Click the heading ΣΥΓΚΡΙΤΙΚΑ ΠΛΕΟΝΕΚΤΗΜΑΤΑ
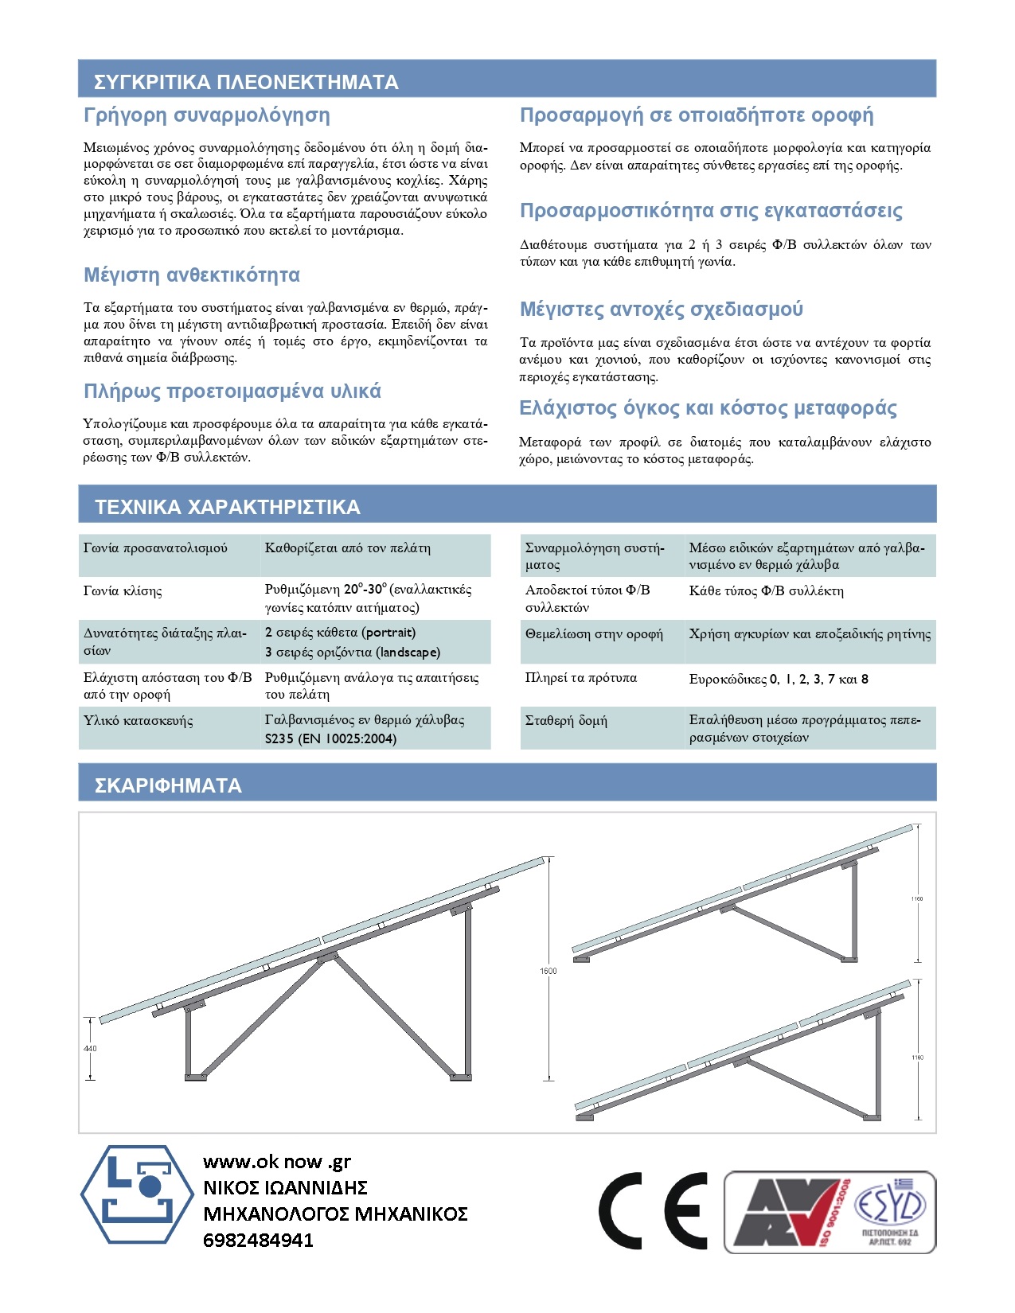[x=246, y=82]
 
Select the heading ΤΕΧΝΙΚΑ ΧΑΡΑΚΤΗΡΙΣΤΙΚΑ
[x=228, y=507]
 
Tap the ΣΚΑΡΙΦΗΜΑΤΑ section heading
[x=168, y=785]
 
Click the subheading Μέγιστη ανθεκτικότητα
[x=192, y=275]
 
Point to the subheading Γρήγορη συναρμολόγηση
[x=207, y=115]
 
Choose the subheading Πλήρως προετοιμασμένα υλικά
[x=232, y=392]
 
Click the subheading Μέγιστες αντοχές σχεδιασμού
[x=662, y=310]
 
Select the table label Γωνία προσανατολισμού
[x=155, y=548]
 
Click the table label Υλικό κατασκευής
[x=138, y=721]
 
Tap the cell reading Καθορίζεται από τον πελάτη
[x=347, y=548]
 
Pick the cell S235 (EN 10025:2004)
[x=330, y=738]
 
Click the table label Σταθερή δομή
[x=566, y=721]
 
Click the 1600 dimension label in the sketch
[x=548, y=971]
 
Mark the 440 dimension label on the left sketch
[x=90, y=1048]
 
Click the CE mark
[x=653, y=1210]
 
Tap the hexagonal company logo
[x=138, y=1194]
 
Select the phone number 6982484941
[x=258, y=1240]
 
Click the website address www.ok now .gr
[x=277, y=1162]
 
